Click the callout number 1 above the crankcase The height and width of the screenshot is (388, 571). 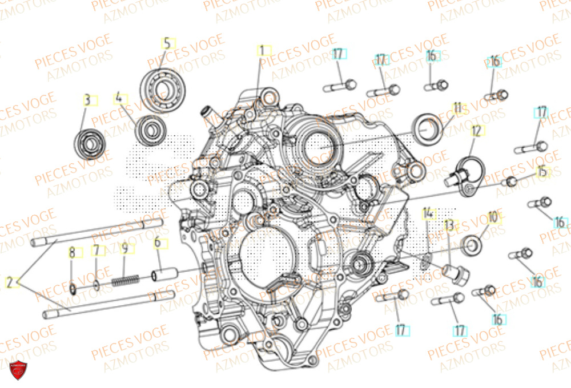coord(262,51)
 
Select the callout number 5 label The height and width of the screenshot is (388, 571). coord(167,43)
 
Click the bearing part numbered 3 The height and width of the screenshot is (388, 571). coord(90,143)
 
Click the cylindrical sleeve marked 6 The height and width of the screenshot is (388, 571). coord(161,277)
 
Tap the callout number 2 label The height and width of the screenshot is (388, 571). coord(9,281)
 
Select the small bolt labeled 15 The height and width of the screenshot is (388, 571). coord(510,181)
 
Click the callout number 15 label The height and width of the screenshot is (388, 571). coord(541,171)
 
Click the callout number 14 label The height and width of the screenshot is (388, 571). coord(428,214)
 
